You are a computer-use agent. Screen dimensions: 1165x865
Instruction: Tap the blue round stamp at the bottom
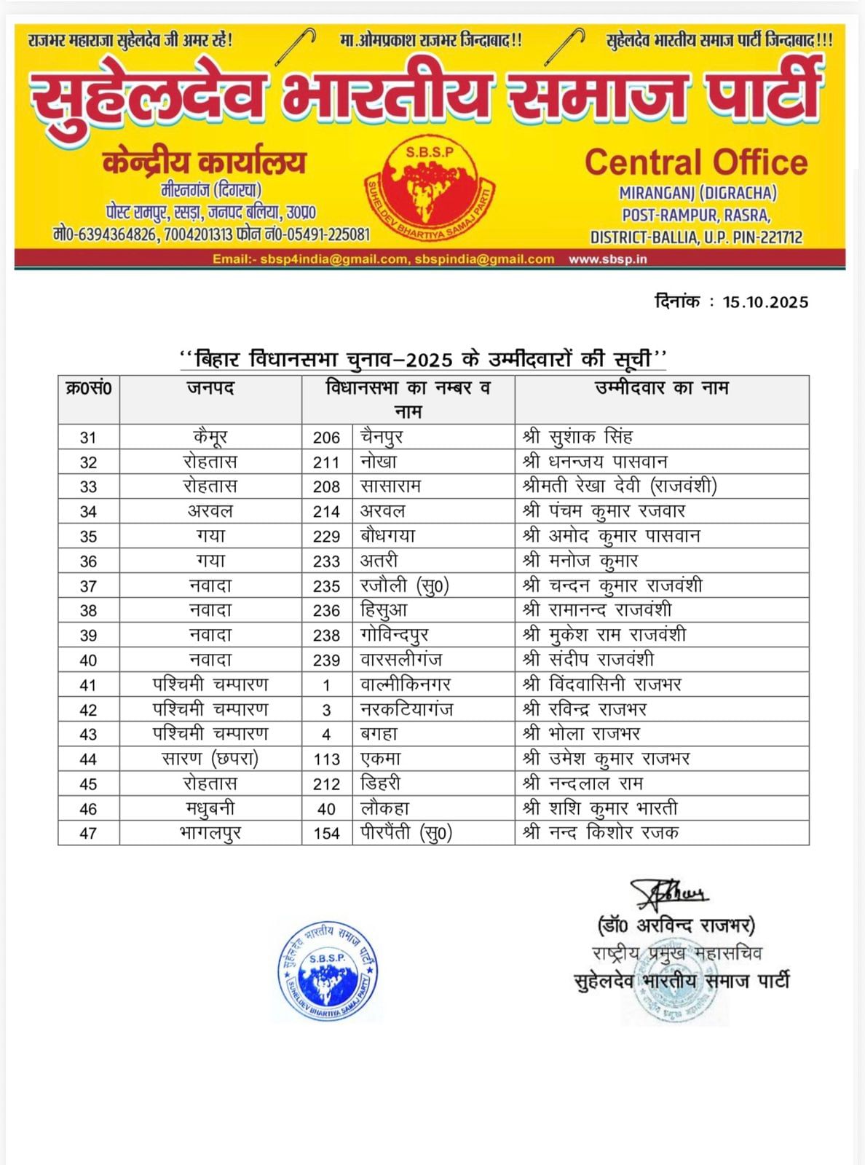pos(328,972)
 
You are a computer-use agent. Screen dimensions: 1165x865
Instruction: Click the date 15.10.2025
pos(765,302)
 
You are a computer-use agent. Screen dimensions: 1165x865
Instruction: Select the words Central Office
pos(696,162)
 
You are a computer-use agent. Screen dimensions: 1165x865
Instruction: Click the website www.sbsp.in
pos(607,259)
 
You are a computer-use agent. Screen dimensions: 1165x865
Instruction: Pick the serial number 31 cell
pos(88,438)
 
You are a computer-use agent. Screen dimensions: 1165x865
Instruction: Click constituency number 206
pos(326,438)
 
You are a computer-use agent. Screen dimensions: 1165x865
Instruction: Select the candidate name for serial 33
pos(620,486)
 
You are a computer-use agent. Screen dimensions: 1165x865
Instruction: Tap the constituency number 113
pos(326,759)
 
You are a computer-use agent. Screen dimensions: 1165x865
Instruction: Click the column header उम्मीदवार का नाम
pos(661,389)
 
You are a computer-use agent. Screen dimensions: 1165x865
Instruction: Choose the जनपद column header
pos(210,389)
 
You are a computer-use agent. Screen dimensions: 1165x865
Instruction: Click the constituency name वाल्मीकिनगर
pos(406,685)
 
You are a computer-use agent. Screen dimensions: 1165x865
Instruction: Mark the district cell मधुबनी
pos(210,809)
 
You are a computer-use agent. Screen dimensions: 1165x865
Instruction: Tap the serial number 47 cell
pos(88,834)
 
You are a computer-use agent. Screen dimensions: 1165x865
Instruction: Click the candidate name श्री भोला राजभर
pos(581,735)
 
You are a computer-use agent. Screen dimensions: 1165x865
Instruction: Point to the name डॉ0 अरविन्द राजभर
pos(676,925)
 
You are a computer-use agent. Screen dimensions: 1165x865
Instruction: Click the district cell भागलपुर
pos(210,834)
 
